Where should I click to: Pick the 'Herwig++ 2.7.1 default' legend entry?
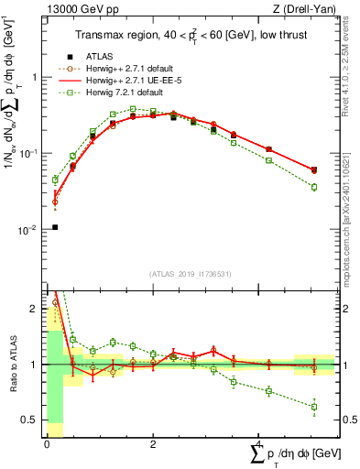pyautogui.click(x=125, y=69)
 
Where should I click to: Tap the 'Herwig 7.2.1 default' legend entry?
pyautogui.click(x=119, y=93)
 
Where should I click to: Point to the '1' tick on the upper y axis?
pyautogui.click(x=35, y=77)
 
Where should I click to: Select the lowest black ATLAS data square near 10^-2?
pyautogui.click(x=55, y=227)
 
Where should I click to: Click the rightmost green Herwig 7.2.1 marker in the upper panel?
pyautogui.click(x=314, y=187)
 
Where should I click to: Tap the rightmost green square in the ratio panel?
pyautogui.click(x=314, y=407)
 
